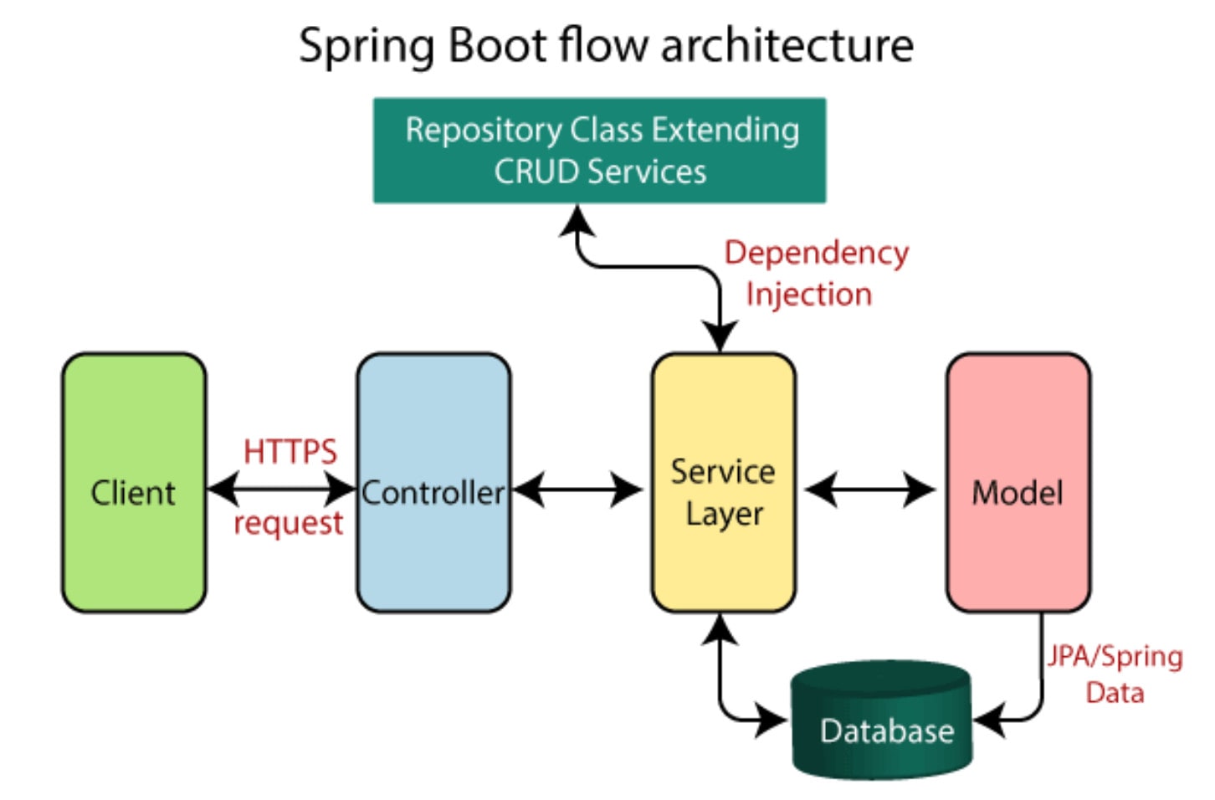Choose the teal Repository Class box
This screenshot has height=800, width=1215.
click(599, 151)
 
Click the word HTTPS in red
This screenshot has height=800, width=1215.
click(290, 452)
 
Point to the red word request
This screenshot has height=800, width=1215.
click(288, 524)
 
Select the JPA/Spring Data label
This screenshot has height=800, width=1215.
click(1115, 674)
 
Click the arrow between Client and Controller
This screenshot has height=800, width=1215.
click(282, 489)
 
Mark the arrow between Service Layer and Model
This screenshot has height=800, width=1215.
click(870, 490)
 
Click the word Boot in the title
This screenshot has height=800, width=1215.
click(497, 45)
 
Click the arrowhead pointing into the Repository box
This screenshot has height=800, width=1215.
click(577, 221)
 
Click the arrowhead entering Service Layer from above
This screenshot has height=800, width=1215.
click(720, 338)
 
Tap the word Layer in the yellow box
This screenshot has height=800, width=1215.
click(724, 514)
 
